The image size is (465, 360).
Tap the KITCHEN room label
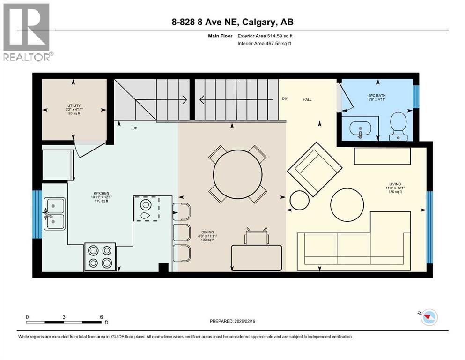[x=101, y=193]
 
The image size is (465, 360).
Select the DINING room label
[x=208, y=232]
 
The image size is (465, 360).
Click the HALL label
[x=307, y=99]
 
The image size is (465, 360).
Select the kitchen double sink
[x=55, y=213]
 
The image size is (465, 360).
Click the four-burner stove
[x=100, y=256]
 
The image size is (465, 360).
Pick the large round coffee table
[x=347, y=204]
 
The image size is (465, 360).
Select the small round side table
[x=300, y=201]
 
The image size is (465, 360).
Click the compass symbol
[x=427, y=318]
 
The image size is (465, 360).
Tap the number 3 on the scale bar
[x=64, y=316]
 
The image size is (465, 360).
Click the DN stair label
[x=284, y=98]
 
